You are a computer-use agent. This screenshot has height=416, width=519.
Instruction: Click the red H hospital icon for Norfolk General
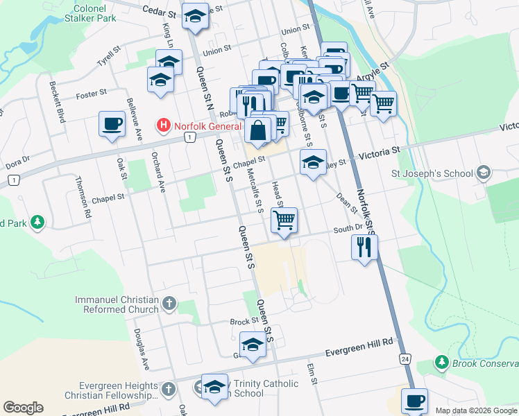coord(163,126)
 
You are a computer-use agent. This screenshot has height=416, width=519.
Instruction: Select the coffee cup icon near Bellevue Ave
coord(112,124)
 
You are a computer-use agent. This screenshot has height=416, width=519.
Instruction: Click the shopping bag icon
coord(257,130)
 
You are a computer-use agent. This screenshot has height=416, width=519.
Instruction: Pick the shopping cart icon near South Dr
coord(284,220)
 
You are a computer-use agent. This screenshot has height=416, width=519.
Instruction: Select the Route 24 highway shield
coord(405,358)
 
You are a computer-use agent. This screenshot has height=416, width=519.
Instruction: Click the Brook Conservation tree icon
coord(441,362)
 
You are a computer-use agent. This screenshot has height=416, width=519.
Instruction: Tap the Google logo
coord(23,408)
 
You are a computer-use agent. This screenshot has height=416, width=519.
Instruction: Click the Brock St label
coord(244,322)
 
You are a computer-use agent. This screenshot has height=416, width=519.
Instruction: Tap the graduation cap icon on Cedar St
coord(196,16)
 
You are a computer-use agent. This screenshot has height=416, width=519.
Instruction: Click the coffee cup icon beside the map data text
coord(414,401)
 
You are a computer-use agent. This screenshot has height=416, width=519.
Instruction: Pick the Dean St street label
coord(346,202)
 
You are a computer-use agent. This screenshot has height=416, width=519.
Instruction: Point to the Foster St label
coord(91,93)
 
